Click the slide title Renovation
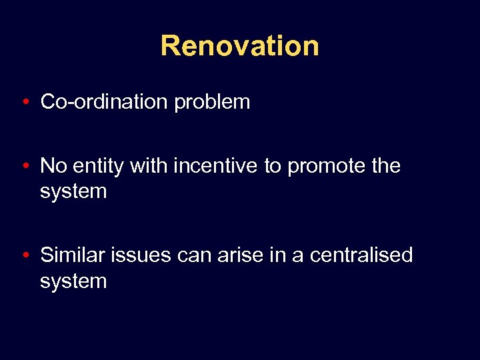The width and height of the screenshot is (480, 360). [x=239, y=46]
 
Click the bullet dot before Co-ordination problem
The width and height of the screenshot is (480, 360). [x=25, y=102]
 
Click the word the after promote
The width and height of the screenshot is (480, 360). [x=386, y=165]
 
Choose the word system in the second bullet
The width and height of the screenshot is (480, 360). [x=73, y=191]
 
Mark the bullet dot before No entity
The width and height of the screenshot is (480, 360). [x=25, y=165]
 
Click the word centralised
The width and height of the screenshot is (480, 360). [x=362, y=255]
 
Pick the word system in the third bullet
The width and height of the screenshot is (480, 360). [x=73, y=281]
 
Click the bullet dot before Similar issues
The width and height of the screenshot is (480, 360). [x=25, y=255]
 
